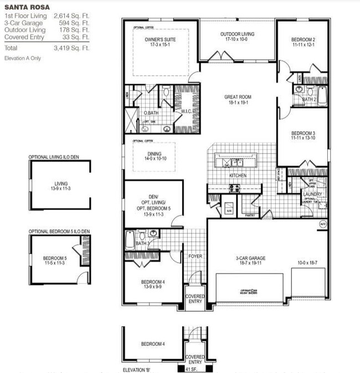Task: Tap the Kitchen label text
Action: click(238, 176)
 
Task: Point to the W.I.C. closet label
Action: click(186, 112)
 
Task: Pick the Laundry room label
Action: click(312, 194)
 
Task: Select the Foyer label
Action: click(195, 256)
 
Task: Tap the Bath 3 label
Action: click(142, 243)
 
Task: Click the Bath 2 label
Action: click(309, 99)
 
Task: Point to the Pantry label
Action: click(249, 214)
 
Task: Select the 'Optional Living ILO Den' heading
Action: click(54, 157)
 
